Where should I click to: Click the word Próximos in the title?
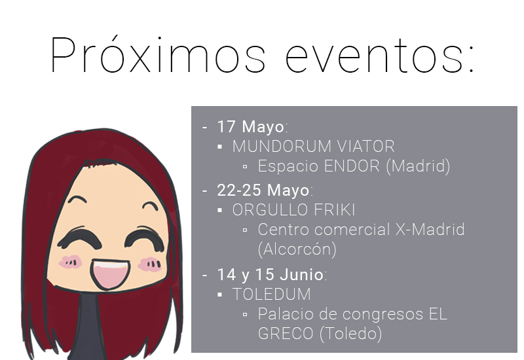click(x=158, y=56)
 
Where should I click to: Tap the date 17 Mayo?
click(x=252, y=126)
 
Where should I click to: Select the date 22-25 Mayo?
click(x=263, y=190)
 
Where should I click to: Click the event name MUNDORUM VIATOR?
click(x=313, y=146)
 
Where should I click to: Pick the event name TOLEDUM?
click(x=272, y=295)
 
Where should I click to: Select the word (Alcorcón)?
click(x=297, y=249)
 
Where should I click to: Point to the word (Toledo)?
click(x=350, y=334)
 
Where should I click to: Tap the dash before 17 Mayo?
click(x=204, y=127)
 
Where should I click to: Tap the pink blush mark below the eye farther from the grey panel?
click(x=69, y=262)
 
